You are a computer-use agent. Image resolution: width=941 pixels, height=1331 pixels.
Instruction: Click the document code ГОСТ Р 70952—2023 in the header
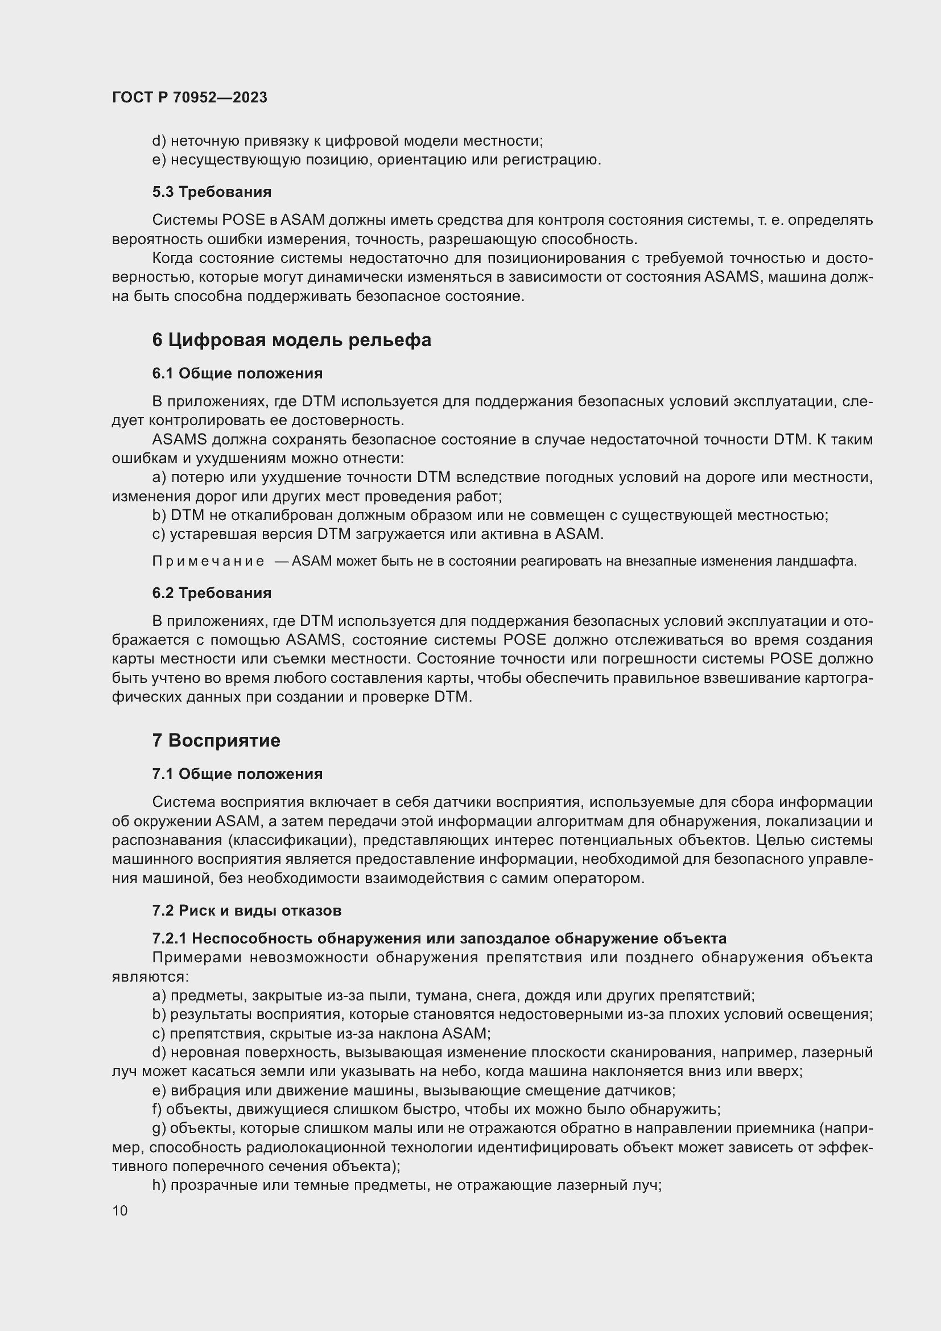(189, 97)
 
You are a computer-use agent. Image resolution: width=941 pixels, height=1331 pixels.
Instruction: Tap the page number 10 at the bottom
(120, 1210)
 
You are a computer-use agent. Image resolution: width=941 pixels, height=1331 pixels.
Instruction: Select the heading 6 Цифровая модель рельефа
(291, 340)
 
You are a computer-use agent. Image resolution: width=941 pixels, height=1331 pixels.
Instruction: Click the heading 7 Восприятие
(216, 740)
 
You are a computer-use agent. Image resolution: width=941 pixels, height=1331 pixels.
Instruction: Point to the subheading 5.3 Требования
(212, 192)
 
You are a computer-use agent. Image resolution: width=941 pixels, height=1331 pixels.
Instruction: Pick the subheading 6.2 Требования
(212, 593)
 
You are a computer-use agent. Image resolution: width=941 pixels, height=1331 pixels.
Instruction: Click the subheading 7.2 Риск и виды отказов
(246, 910)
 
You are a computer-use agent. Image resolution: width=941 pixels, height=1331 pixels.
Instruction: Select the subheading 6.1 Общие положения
(237, 373)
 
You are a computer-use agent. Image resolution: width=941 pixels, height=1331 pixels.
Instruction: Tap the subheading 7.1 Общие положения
(237, 774)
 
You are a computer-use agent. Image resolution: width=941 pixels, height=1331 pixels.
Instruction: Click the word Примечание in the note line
(208, 561)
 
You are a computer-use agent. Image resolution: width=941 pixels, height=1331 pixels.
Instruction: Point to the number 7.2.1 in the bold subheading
(169, 938)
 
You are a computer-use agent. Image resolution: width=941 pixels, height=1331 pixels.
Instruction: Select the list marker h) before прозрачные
(159, 1185)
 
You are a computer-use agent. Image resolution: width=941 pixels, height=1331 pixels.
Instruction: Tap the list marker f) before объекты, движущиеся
(157, 1110)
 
